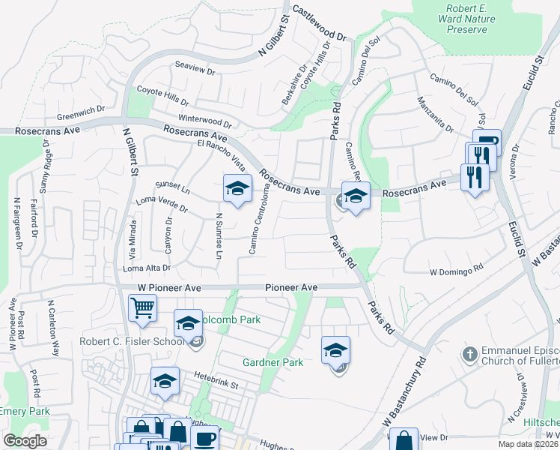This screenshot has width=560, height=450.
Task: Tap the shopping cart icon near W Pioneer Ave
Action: [142, 307]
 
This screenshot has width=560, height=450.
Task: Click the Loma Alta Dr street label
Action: [147, 268]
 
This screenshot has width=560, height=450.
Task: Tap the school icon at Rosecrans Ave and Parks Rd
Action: [356, 196]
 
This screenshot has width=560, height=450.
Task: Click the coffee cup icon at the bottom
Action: [204, 438]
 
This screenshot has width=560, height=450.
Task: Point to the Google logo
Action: [25, 442]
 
